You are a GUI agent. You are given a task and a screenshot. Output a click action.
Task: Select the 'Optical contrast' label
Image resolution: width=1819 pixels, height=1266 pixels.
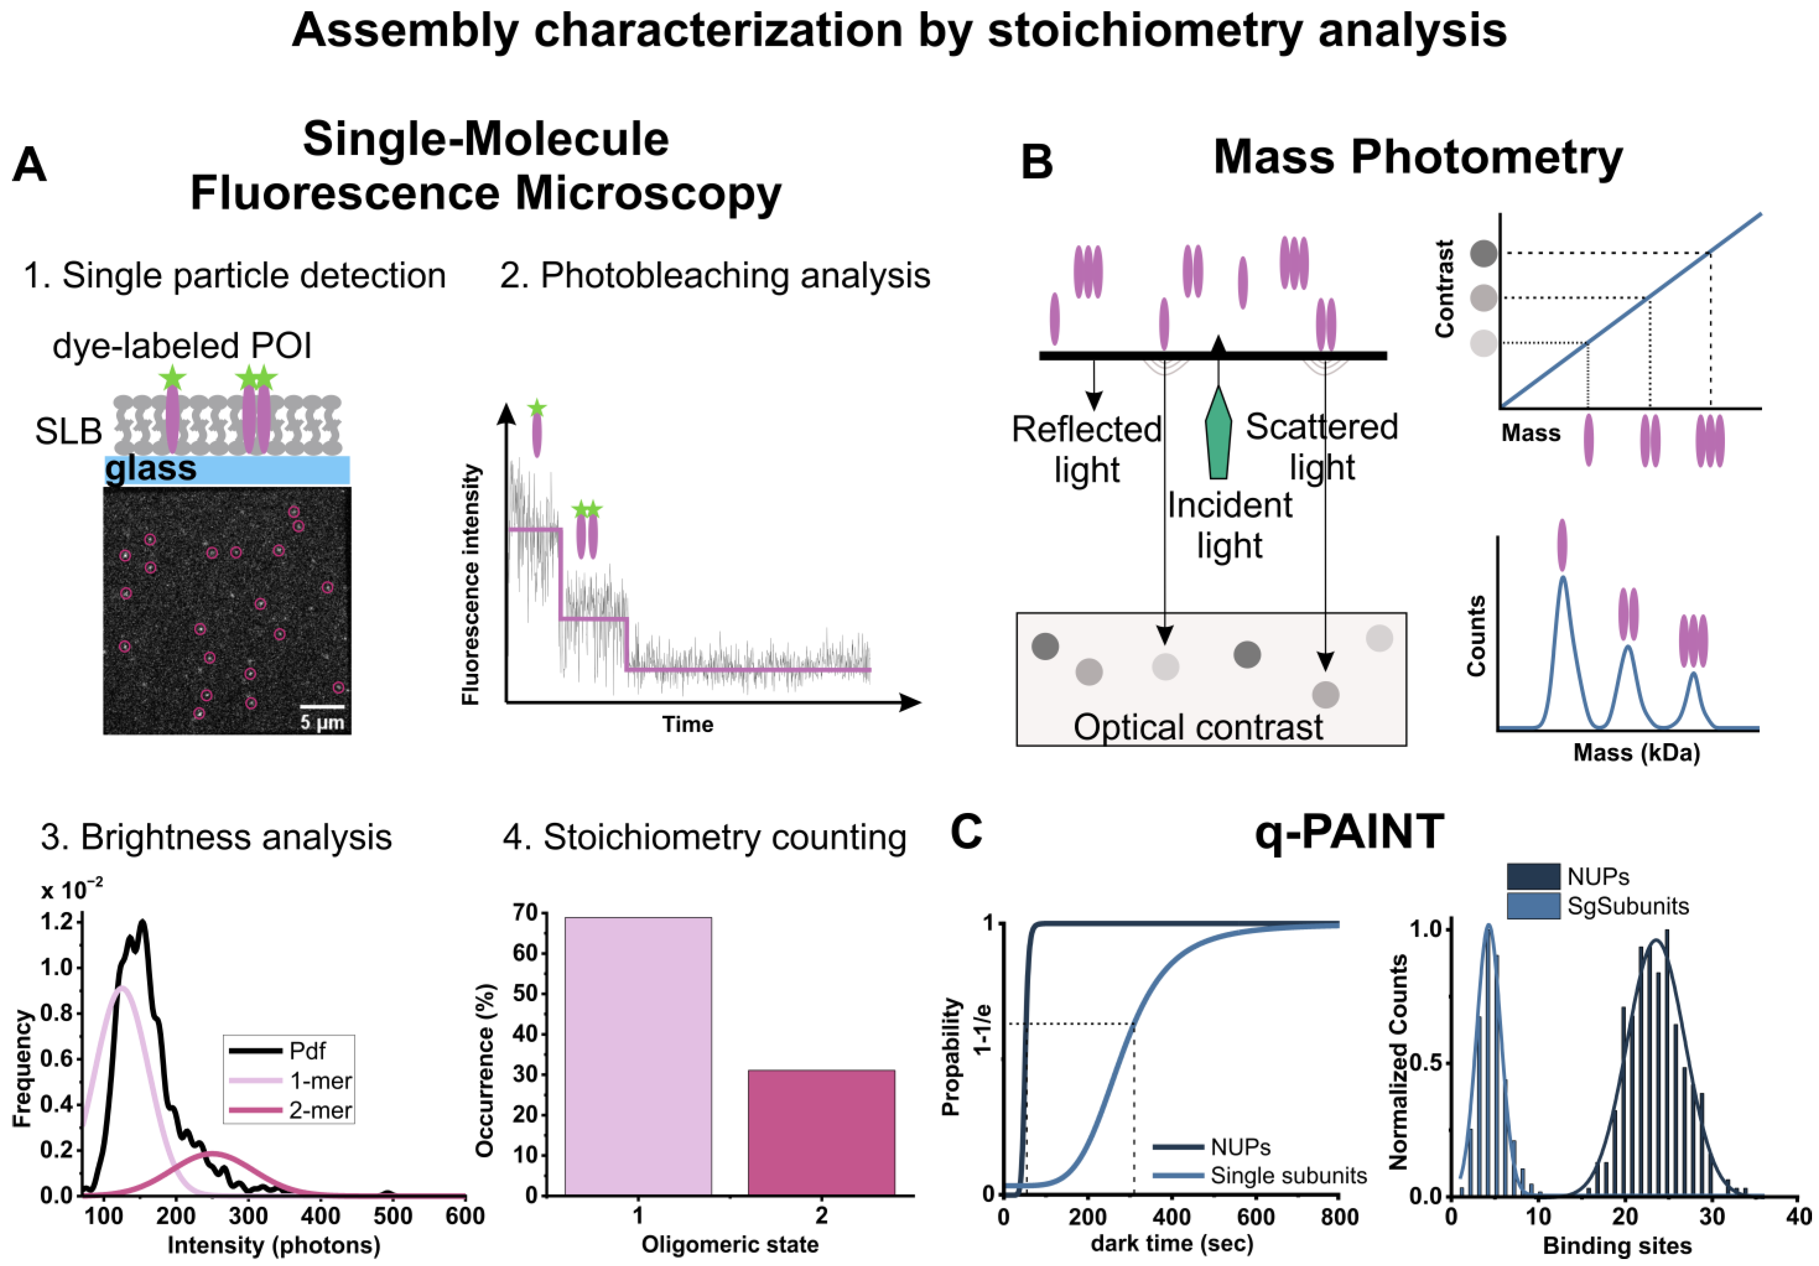[1198, 727]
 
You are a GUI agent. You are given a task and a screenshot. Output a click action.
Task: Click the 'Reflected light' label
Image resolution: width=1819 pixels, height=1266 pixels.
[1086, 449]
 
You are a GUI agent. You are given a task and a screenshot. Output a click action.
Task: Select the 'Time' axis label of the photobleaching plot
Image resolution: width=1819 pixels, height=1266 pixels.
[687, 724]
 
